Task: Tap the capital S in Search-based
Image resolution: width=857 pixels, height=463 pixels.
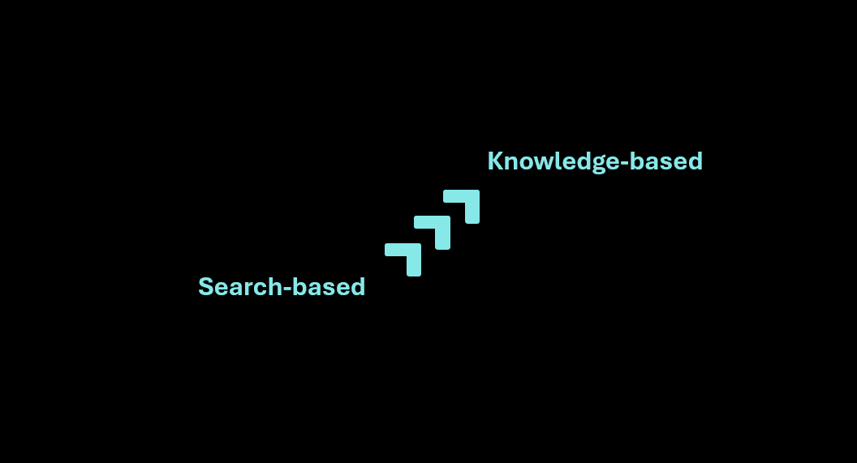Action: [205, 287]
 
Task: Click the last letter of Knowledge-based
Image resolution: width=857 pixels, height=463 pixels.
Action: [695, 161]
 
